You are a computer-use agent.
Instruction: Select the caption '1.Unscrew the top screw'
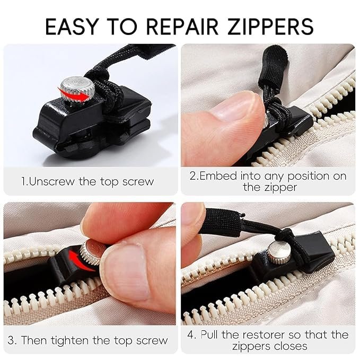click(87, 181)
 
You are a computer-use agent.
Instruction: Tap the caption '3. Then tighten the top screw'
click(87, 340)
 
